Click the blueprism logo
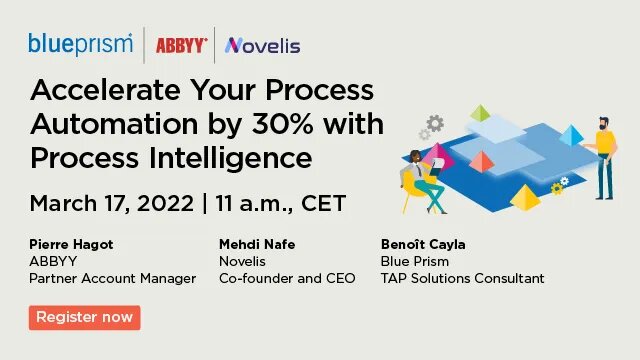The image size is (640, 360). tap(81, 43)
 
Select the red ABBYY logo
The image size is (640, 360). tap(181, 45)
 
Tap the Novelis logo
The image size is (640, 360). tap(263, 45)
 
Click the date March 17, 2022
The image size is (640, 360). tap(111, 203)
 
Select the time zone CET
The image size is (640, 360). tap(320, 203)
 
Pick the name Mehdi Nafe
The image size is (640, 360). tap(258, 243)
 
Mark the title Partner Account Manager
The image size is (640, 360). tap(113, 278)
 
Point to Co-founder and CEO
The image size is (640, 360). tap(287, 278)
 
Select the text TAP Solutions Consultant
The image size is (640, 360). tap(463, 278)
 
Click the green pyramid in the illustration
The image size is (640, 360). tap(481, 113)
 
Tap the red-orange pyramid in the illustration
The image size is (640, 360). tap(482, 161)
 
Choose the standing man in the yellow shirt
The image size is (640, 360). tap(602, 156)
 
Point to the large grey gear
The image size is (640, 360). tap(434, 124)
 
